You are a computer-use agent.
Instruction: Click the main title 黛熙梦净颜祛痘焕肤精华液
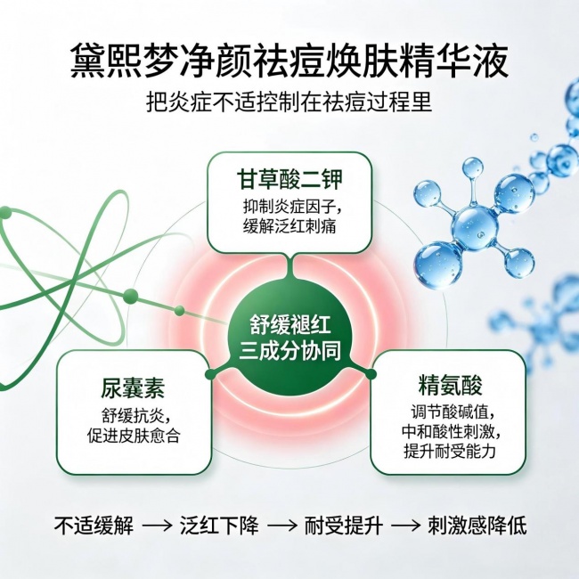click(x=289, y=61)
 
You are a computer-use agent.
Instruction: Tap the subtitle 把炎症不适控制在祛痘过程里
click(x=289, y=102)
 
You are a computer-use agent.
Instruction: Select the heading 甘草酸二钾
click(x=289, y=179)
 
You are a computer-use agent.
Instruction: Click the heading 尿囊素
click(x=133, y=388)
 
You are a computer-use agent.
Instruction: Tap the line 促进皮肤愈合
click(x=134, y=436)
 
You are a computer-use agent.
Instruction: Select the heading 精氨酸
click(x=451, y=385)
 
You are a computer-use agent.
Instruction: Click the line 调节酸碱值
click(x=453, y=412)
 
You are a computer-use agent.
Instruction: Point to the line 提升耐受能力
click(x=449, y=452)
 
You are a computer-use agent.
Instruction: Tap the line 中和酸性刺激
click(x=452, y=432)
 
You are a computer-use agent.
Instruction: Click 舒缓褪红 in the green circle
click(x=289, y=325)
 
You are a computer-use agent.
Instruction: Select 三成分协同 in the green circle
click(x=289, y=351)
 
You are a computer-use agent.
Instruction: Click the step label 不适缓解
click(x=94, y=525)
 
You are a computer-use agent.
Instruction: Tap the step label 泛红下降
click(x=219, y=525)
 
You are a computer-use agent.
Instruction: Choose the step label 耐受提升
click(x=344, y=525)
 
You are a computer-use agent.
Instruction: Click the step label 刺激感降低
click(x=477, y=525)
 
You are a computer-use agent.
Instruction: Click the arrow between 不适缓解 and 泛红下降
click(x=157, y=526)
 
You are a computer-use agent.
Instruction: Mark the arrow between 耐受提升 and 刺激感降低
click(x=406, y=526)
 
